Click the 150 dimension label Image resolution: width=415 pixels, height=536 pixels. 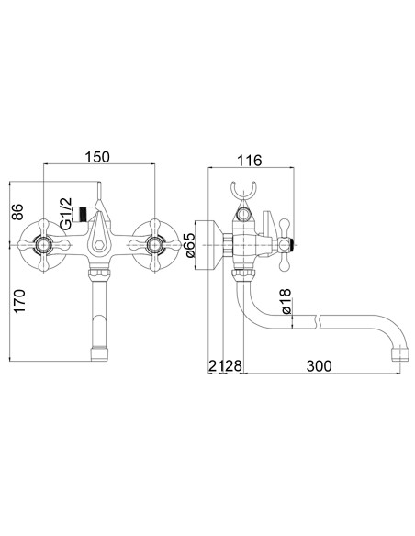tap(97, 157)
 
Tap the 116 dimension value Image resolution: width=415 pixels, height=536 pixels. tap(249, 160)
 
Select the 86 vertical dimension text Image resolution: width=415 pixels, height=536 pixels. tap(17, 212)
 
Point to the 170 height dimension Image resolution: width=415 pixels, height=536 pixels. tap(19, 301)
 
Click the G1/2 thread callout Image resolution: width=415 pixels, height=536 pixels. tap(65, 213)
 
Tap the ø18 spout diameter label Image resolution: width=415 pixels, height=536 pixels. tap(286, 301)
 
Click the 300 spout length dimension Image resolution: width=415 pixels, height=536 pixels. tap(319, 366)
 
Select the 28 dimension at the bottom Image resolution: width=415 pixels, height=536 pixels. tap(233, 366)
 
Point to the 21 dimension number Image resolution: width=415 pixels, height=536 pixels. tap(217, 366)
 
